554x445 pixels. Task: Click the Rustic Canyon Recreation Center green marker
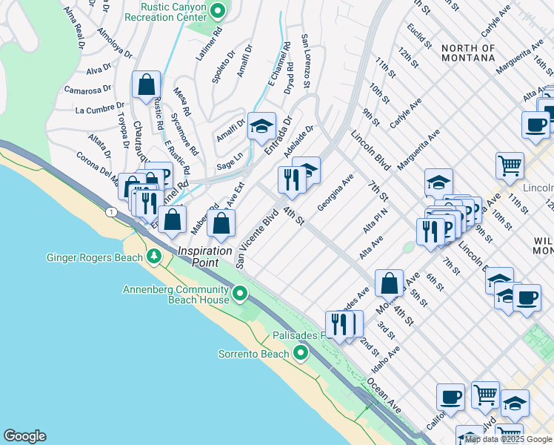pyautogui.click(x=218, y=10)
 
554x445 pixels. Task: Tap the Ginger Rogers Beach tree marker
pyautogui.click(x=154, y=257)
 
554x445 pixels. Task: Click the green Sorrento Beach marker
pyautogui.click(x=300, y=354)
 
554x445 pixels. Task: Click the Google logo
pyautogui.click(x=24, y=436)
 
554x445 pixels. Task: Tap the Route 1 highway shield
pyautogui.click(x=111, y=213)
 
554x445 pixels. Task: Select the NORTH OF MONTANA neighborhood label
pyautogui.click(x=468, y=53)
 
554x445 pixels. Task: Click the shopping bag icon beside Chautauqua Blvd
pyautogui.click(x=147, y=85)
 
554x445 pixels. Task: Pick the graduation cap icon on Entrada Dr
pyautogui.click(x=261, y=127)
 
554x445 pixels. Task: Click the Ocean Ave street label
pyautogui.click(x=385, y=398)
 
